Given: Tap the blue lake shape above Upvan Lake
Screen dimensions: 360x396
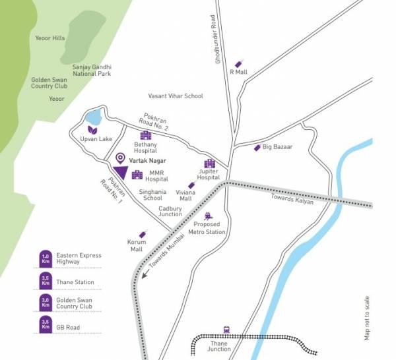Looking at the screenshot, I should pyautogui.click(x=94, y=117).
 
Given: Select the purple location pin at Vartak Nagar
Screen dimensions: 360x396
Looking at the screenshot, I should pyautogui.click(x=120, y=158).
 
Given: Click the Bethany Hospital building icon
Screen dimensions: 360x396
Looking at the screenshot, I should pyautogui.click(x=145, y=135).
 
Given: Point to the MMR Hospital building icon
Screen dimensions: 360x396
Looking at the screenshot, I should pyautogui.click(x=137, y=175).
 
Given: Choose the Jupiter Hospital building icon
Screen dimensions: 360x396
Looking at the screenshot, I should pyautogui.click(x=210, y=164).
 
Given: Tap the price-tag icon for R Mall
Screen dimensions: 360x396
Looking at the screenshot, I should pyautogui.click(x=238, y=64).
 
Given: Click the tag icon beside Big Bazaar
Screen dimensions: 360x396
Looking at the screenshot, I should pyautogui.click(x=257, y=147).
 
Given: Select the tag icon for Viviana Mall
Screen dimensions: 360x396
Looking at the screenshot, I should pyautogui.click(x=191, y=186).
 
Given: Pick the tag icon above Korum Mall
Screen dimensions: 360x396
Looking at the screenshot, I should pyautogui.click(x=142, y=234).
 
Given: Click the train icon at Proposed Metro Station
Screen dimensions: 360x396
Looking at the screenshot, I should pyautogui.click(x=209, y=216).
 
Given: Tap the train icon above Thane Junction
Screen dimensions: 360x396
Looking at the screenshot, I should pyautogui.click(x=226, y=330).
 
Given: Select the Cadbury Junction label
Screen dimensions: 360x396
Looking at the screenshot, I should pyautogui.click(x=170, y=210).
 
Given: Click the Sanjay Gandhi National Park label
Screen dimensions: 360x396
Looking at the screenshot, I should pyautogui.click(x=92, y=70).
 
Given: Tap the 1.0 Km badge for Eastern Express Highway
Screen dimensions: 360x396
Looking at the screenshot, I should pyautogui.click(x=46, y=258).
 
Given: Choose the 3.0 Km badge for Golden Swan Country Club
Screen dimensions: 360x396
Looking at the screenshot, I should pyautogui.click(x=46, y=302).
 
